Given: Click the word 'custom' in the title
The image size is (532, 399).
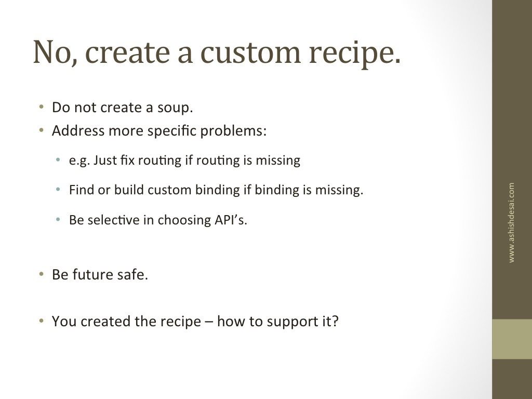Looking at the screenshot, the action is pyautogui.click(x=250, y=52).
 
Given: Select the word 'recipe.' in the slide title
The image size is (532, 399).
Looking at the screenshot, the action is pyautogui.click(x=354, y=54).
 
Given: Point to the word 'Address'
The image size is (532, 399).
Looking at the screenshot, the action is pyautogui.click(x=78, y=130).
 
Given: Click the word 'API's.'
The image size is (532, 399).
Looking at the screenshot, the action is pyautogui.click(x=231, y=220).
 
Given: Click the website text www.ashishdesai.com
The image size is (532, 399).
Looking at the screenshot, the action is pyautogui.click(x=511, y=222).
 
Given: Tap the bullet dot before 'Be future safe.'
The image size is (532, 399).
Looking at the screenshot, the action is pyautogui.click(x=42, y=274).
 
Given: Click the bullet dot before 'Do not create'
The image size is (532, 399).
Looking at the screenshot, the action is pyautogui.click(x=42, y=107).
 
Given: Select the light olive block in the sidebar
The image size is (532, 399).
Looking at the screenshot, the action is pyautogui.click(x=512, y=339).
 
